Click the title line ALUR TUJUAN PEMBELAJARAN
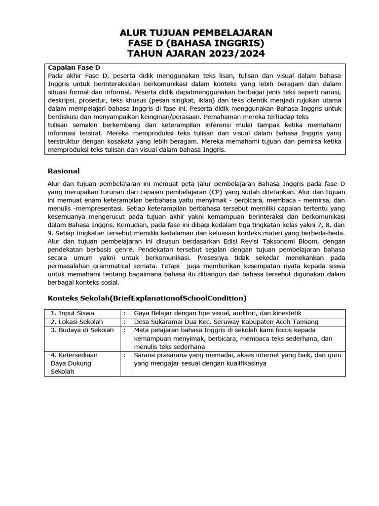pos(196,33)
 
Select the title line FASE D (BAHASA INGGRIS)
pos(196,43)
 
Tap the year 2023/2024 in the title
pos(232,54)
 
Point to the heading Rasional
pos(63,171)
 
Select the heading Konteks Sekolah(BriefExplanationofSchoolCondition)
pos(147,298)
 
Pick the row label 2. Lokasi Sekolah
pos(76,322)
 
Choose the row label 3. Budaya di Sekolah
pos(82,330)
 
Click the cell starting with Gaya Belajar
pos(218,313)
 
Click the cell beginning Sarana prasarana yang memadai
pos(237,355)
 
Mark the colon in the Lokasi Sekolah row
pos(125,322)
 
